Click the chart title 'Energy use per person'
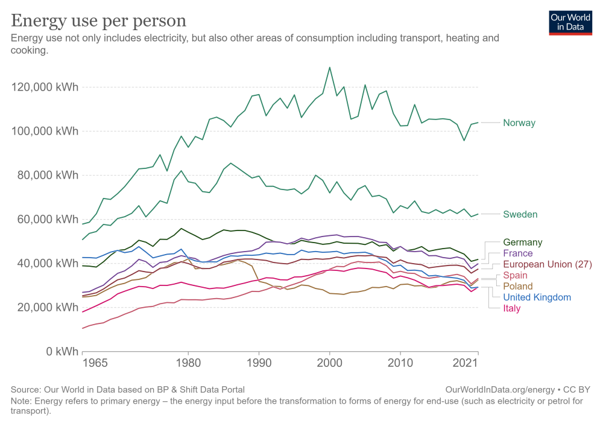[98, 21]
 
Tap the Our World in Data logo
[570, 23]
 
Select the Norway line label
[519, 122]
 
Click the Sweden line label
[520, 214]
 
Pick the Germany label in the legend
[523, 243]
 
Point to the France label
[517, 253]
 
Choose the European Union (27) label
[548, 264]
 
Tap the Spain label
[515, 276]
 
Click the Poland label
[517, 286]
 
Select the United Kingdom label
[537, 297]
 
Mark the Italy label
[511, 308]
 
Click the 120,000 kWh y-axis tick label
[45, 87]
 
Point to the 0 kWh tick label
[62, 351]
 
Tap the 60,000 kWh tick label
[48, 220]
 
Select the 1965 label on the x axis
[95, 363]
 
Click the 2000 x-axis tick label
[329, 363]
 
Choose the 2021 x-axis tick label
[465, 363]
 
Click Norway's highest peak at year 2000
[330, 68]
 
